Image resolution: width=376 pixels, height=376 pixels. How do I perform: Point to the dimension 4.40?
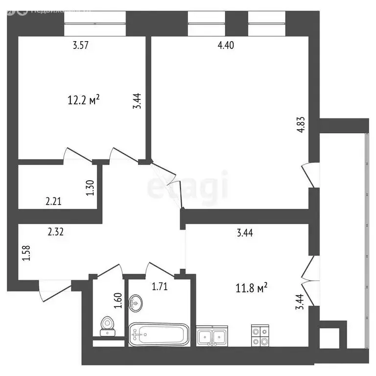point(226,46)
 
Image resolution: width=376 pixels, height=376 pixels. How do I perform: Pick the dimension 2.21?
point(54,200)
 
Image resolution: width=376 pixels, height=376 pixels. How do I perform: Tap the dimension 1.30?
point(90,188)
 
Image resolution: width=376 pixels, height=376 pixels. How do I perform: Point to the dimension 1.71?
point(160,287)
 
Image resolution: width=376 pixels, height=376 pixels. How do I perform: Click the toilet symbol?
point(107,327)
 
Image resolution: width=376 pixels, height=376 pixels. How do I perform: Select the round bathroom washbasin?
point(135,303)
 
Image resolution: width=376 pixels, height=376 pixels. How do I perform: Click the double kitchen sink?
point(211,337)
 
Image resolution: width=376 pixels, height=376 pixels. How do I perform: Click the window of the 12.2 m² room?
point(95,23)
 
